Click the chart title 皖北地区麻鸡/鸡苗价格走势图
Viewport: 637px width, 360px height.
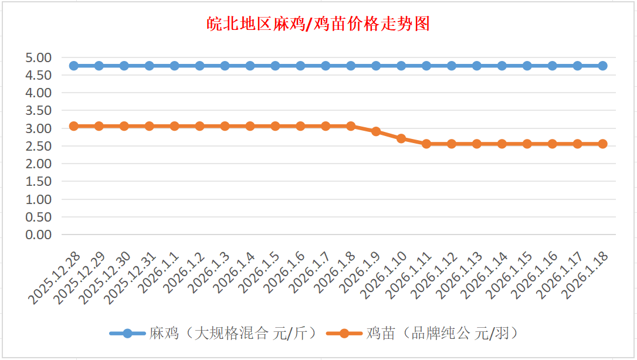318,24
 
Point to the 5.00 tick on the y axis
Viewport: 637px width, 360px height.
39,57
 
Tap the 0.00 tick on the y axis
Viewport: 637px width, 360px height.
39,235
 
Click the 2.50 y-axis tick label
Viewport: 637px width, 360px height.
39,146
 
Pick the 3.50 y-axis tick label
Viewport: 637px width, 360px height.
39,110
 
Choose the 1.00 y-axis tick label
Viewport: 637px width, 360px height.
39,199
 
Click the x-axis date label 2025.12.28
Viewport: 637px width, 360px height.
54,278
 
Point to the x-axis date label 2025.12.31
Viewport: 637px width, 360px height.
130,278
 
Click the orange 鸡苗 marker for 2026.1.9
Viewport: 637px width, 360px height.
376,131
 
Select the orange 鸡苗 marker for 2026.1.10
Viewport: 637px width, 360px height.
401,138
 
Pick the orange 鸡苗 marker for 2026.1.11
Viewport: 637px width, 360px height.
426,144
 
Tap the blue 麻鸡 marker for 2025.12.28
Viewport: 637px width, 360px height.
74,66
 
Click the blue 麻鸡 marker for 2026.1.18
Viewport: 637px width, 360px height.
602,66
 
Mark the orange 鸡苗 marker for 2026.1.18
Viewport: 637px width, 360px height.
602,144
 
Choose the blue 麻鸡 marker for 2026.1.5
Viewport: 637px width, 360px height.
275,66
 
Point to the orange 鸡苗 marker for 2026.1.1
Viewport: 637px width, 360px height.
174,126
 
